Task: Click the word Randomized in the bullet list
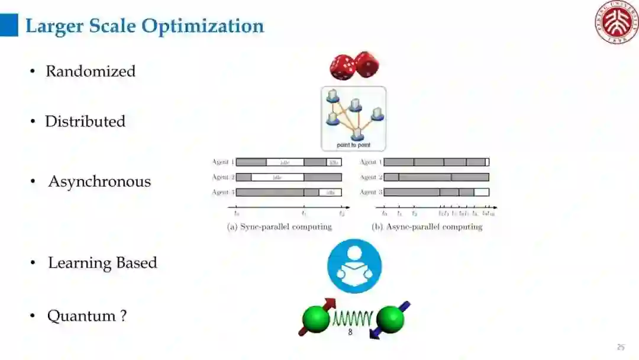(91, 71)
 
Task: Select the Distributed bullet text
(85, 121)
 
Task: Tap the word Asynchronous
(99, 182)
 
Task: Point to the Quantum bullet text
(87, 316)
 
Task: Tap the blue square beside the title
(9, 25)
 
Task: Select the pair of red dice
(354, 66)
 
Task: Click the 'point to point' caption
(353, 145)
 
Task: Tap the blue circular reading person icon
(354, 266)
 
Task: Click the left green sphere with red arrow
(316, 319)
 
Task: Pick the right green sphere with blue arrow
(390, 320)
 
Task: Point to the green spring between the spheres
(353, 320)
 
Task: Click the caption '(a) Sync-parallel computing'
(280, 227)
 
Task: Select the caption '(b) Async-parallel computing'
(427, 227)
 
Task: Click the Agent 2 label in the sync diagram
(223, 177)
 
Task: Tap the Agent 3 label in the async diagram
(371, 192)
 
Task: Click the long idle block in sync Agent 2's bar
(277, 177)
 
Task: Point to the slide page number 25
(621, 348)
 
